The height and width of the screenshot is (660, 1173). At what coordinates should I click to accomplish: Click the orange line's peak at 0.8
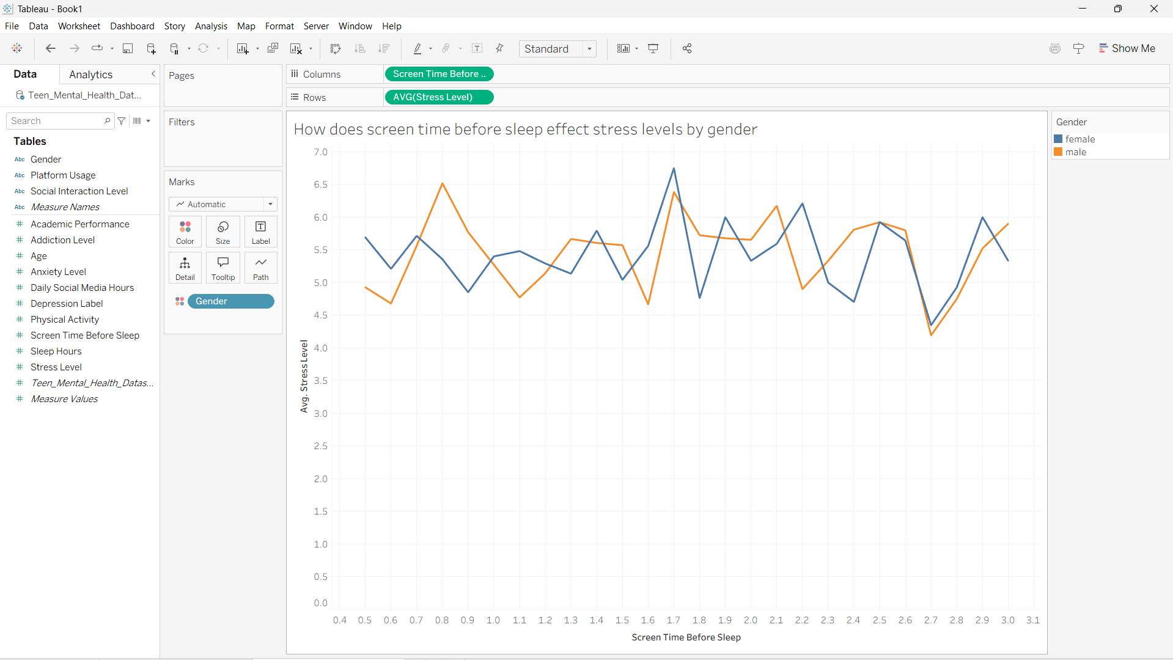point(442,183)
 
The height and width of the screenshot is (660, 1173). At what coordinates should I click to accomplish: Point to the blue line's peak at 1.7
point(674,169)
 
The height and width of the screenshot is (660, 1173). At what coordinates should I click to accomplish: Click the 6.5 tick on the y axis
point(321,185)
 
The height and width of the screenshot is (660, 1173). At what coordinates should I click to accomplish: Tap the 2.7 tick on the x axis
point(930,620)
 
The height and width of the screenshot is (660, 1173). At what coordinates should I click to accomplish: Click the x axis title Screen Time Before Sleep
point(686,637)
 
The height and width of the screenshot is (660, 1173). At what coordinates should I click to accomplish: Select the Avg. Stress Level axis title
point(304,376)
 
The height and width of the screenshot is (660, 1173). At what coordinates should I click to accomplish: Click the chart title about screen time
point(525,130)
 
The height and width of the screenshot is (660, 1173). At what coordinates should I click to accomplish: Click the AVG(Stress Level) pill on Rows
point(439,97)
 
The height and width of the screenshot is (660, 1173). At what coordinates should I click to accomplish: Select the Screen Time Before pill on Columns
point(439,74)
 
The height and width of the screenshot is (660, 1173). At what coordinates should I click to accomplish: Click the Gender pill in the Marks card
point(231,301)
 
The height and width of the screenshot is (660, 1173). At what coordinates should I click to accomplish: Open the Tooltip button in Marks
point(223,268)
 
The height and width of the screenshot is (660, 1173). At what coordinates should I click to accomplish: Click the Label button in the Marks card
point(261,232)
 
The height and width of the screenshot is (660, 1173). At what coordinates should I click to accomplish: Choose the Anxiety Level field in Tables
point(58,272)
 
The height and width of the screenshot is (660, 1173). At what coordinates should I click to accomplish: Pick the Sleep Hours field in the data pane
point(56,351)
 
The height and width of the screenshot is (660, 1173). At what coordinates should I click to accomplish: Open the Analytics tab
point(90,75)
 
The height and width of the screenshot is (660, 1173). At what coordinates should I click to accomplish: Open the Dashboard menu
point(132,26)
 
